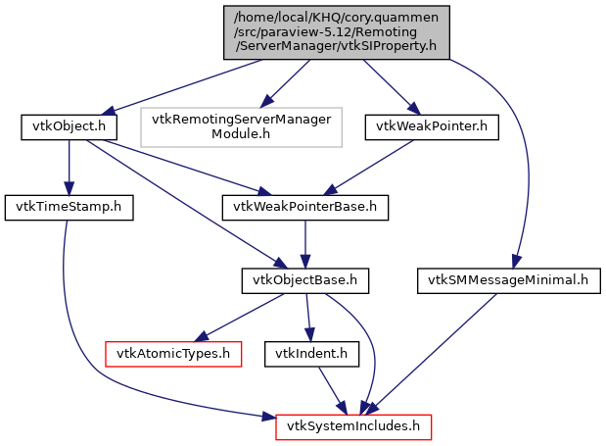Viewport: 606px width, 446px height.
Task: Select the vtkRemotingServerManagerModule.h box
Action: pos(241,126)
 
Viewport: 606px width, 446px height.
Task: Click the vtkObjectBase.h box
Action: pos(305,281)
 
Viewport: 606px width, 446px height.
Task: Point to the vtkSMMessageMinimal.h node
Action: pos(508,281)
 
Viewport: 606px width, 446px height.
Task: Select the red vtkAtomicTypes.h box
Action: pos(173,353)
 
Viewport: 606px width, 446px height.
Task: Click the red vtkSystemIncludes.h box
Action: pos(353,426)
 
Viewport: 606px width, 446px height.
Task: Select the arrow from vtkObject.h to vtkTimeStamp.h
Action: pos(68,167)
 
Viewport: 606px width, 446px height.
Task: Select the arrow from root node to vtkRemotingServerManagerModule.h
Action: pos(288,80)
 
